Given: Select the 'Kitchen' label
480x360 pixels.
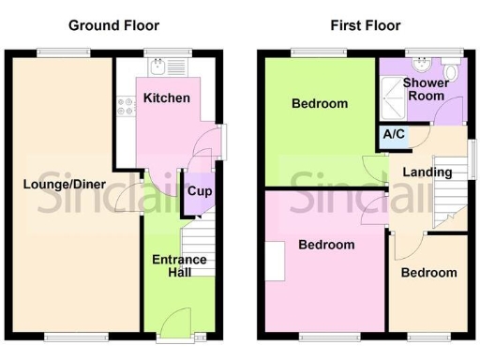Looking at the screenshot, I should [x=167, y=97].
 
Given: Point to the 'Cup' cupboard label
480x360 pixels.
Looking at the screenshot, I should [x=198, y=191].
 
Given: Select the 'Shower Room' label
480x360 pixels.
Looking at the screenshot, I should [x=425, y=89].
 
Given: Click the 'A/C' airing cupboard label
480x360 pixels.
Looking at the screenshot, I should [x=395, y=135].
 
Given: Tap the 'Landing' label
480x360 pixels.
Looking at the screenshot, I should [x=427, y=172].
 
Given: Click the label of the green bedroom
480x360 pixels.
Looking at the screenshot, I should [x=319, y=104].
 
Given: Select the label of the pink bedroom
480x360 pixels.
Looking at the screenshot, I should [x=326, y=245].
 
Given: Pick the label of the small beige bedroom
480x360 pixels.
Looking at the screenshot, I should [x=428, y=273].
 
